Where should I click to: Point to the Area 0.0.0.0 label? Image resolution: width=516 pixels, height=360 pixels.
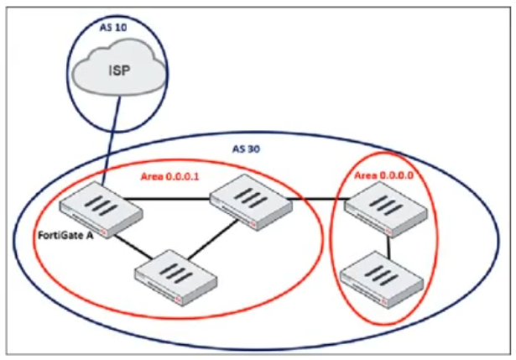click(381, 176)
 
